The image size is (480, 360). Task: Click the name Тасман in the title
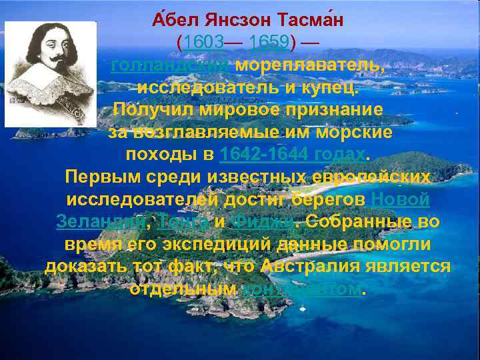pyautogui.click(x=312, y=21)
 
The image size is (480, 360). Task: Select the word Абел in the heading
pyautogui.click(x=171, y=21)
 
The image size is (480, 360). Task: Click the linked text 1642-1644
pyautogui.click(x=263, y=155)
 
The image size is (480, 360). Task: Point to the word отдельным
pyautogui.click(x=183, y=289)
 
